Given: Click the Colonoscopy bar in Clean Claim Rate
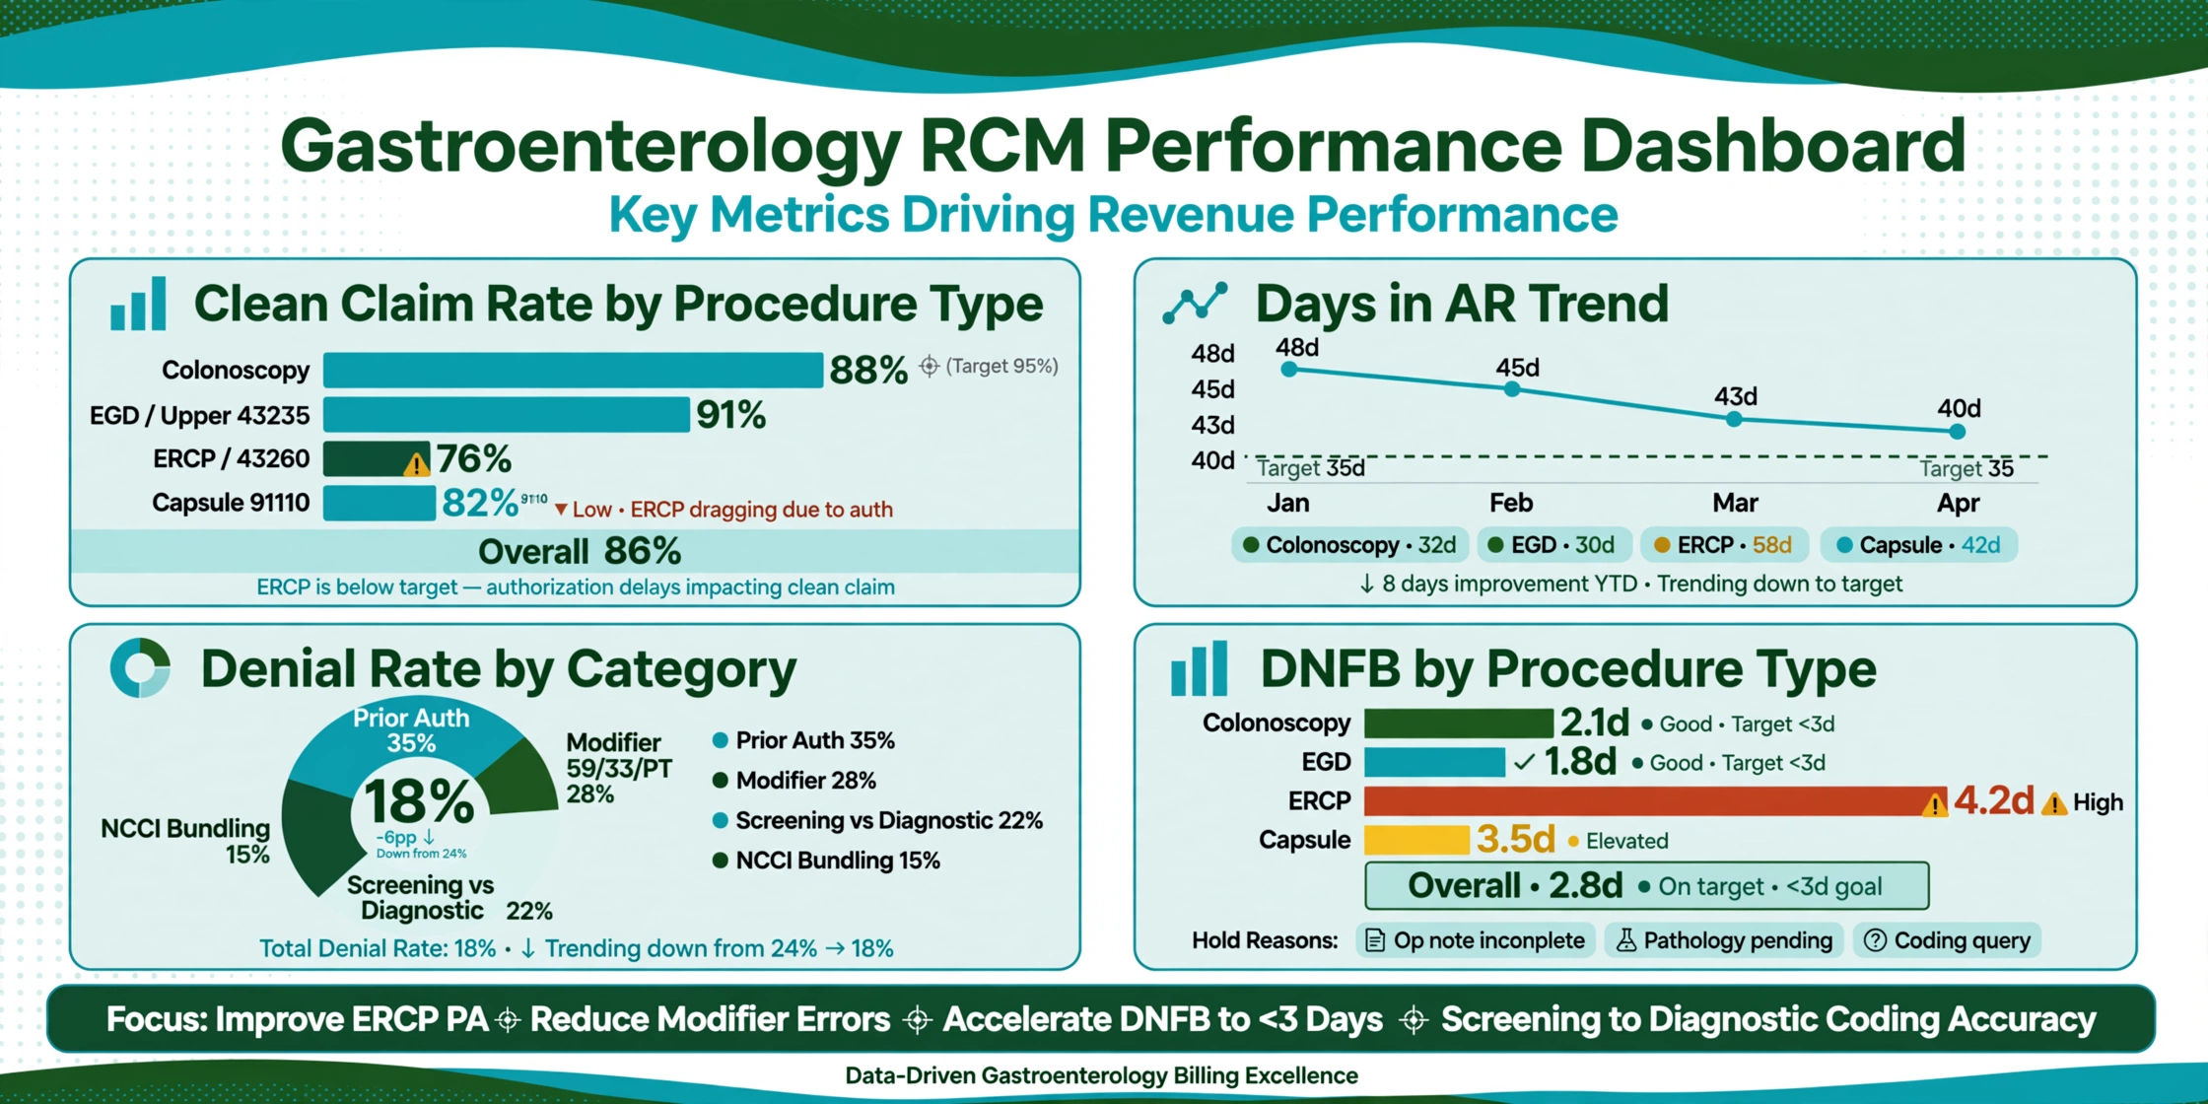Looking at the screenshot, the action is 573,371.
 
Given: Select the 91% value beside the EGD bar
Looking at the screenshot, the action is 731,415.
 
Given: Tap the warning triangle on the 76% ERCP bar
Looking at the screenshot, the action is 417,463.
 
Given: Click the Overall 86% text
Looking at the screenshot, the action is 580,551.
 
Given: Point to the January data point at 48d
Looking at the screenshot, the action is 1289,370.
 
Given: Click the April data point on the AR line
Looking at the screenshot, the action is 1958,432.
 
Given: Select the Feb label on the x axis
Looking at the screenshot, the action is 1511,503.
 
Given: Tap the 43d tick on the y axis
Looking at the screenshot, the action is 1212,425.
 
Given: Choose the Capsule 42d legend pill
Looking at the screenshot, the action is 1918,545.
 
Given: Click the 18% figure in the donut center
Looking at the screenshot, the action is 420,801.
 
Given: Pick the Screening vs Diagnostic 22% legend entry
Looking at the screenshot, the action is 878,820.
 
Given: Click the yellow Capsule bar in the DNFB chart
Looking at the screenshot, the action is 1416,840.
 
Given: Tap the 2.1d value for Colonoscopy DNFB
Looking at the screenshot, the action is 1595,723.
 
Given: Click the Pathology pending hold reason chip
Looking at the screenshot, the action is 1724,940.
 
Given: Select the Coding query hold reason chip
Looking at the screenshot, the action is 1947,940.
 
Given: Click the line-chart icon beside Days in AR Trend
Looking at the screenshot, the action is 1195,303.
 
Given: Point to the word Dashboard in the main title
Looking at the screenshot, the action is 1773,145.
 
